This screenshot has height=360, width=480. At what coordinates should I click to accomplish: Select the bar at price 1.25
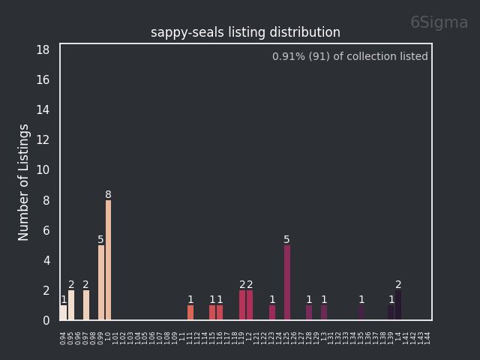click(287, 283)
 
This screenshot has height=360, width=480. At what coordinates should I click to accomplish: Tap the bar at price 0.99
click(101, 283)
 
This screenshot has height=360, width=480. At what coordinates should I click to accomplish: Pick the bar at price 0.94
click(64, 313)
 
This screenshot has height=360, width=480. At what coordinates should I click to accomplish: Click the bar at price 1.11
click(190, 313)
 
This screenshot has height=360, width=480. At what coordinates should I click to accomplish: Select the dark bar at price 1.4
click(398, 305)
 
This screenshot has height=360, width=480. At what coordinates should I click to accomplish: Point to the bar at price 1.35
click(361, 313)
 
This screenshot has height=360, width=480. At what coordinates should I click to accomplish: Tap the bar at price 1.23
click(272, 313)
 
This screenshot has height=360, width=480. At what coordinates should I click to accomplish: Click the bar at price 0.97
click(86, 305)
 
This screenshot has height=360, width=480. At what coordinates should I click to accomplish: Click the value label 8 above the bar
click(109, 195)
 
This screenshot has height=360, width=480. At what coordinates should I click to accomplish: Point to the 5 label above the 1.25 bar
click(287, 240)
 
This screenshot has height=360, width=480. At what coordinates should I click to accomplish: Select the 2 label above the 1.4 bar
click(398, 285)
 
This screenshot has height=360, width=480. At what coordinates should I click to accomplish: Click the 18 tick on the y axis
click(43, 49)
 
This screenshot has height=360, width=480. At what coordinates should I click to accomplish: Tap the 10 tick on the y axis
click(43, 170)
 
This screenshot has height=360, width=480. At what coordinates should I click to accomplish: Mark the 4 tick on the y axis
click(46, 260)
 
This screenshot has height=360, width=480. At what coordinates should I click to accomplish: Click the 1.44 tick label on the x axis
click(428, 337)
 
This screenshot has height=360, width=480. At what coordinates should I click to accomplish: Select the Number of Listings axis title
click(24, 182)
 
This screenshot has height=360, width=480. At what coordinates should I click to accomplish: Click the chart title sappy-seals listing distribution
click(245, 33)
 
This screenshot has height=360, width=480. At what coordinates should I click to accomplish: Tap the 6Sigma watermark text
click(439, 22)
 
